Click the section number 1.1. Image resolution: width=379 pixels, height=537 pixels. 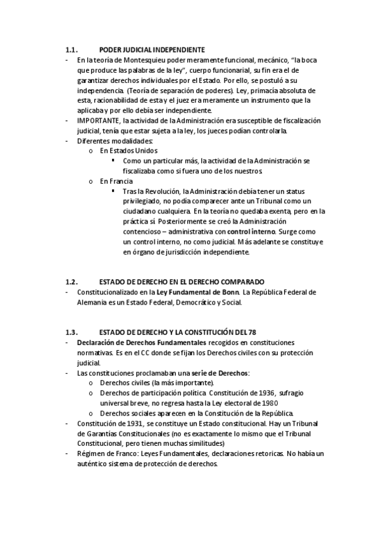click(x=71, y=49)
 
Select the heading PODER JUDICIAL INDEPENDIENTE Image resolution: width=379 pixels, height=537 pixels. click(x=152, y=49)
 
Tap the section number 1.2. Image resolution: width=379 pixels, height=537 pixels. click(x=71, y=282)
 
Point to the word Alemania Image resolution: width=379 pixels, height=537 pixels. click(x=93, y=302)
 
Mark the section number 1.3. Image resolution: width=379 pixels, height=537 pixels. click(x=71, y=332)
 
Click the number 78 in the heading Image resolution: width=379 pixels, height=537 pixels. click(x=251, y=332)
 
